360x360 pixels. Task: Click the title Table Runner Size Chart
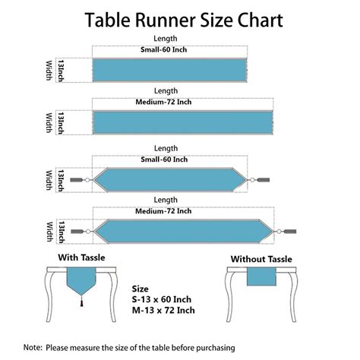pyautogui.click(x=184, y=21)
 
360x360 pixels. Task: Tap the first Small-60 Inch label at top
pyautogui.click(x=164, y=49)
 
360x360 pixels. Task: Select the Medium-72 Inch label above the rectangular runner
pyautogui.click(x=163, y=102)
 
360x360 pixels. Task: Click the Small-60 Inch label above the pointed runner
pyautogui.click(x=164, y=159)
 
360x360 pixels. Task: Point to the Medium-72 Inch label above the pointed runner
pyautogui.click(x=163, y=211)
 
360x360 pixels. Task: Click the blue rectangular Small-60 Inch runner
pyautogui.click(x=169, y=70)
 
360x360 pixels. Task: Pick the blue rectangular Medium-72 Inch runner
pyautogui.click(x=183, y=122)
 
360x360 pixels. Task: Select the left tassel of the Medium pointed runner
pyautogui.click(x=77, y=232)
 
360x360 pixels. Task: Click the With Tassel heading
pyautogui.click(x=81, y=257)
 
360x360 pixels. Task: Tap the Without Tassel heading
pyautogui.click(x=261, y=259)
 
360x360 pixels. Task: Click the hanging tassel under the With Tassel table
pyautogui.click(x=81, y=302)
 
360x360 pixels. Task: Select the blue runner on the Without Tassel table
pyautogui.click(x=261, y=276)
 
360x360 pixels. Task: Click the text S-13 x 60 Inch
pyautogui.click(x=162, y=299)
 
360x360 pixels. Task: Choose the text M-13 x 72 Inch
pyautogui.click(x=163, y=311)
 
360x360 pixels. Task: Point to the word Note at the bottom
pyautogui.click(x=33, y=347)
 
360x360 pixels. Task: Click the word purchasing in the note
pyautogui.click(x=216, y=348)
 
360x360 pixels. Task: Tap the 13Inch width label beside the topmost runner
pyautogui.click(x=61, y=71)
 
